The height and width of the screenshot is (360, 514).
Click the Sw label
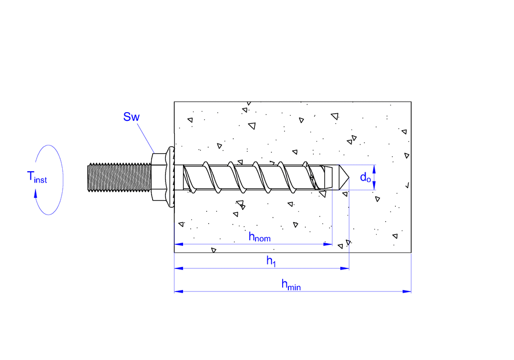coord(132,117)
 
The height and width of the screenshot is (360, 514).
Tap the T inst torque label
coord(37,177)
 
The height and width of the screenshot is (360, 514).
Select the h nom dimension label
coord(260,237)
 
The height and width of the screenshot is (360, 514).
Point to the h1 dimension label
coord(271,261)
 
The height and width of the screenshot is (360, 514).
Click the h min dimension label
coord(291,284)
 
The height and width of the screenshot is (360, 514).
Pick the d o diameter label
coord(365,177)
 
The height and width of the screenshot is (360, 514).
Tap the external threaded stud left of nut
coord(119,177)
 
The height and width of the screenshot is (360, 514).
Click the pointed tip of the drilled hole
coord(349,177)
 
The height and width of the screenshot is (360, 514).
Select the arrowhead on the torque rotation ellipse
coord(35,194)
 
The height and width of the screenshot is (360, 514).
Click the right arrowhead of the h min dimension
coord(407,291)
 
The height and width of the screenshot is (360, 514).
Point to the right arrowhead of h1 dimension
coord(345,268)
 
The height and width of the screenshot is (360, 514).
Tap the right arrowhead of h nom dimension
coord(328,244)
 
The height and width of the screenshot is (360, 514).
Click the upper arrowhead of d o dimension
coord(374,169)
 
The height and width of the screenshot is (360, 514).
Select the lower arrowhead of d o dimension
coord(374,186)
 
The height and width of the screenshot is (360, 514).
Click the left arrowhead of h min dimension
coord(179,291)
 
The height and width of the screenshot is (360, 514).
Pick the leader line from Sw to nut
coord(145,138)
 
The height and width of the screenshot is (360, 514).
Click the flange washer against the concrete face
coord(171,177)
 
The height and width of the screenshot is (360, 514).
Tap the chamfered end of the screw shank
coord(328,177)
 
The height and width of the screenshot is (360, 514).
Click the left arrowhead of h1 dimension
coord(179,268)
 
